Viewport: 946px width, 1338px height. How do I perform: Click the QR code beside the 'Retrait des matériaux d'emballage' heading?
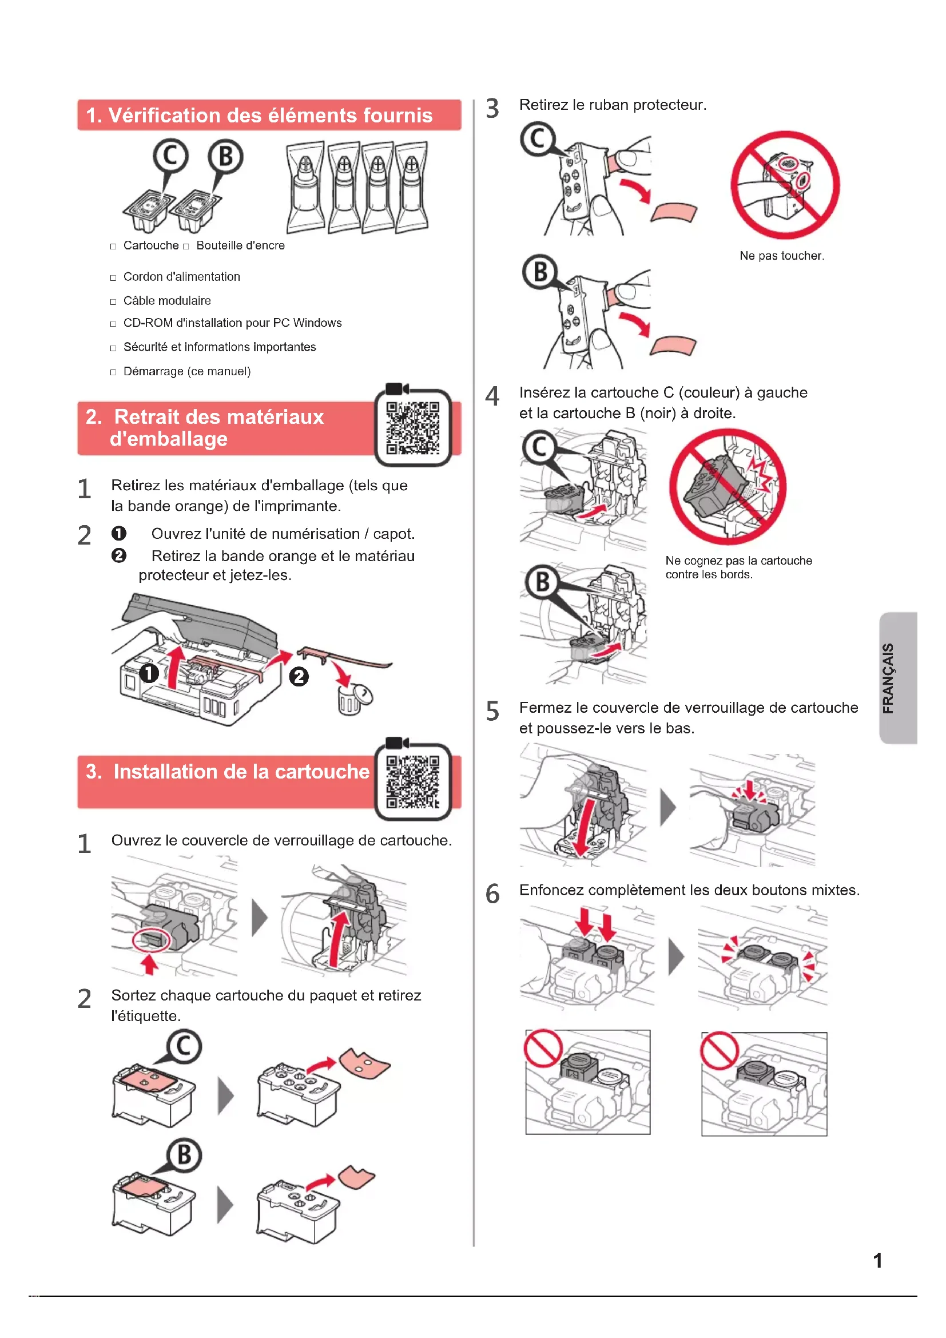coord(412,428)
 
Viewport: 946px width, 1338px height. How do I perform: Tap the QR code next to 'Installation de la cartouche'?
coord(412,782)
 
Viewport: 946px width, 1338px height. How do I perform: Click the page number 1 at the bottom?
coord(877,1261)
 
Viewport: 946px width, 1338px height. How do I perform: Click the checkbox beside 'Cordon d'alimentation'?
coord(113,278)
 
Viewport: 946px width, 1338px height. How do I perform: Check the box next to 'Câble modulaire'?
coord(113,302)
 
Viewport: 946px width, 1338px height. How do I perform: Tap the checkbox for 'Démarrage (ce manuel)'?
coord(113,372)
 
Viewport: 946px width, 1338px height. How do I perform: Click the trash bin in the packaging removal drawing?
coord(352,699)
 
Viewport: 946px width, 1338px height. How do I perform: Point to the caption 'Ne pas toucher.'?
coord(782,256)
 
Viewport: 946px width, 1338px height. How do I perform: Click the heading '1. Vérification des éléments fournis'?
coord(259,116)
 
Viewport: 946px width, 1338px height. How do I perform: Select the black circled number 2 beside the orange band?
coord(299,677)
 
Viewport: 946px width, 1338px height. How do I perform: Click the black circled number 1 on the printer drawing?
coord(149,673)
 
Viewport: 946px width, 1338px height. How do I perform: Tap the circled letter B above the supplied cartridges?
coord(225,157)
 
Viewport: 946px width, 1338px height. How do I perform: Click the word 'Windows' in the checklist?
coord(317,323)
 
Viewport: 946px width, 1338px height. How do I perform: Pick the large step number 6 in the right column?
coord(492,894)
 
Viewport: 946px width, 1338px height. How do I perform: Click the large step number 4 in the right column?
coord(492,396)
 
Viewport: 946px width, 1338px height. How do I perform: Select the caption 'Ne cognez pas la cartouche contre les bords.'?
coord(738,567)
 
